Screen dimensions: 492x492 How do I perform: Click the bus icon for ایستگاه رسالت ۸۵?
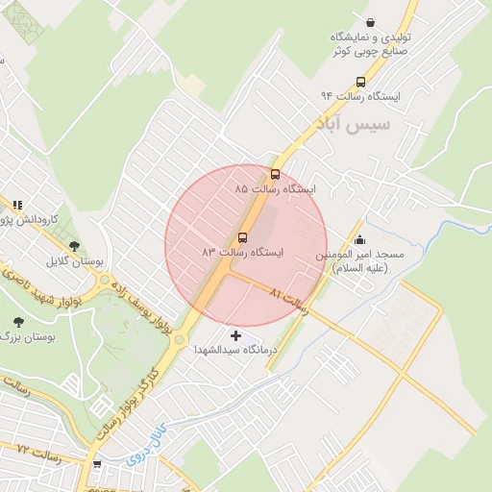pyautogui.click(x=277, y=174)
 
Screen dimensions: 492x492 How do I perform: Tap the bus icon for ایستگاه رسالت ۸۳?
pyautogui.click(x=242, y=236)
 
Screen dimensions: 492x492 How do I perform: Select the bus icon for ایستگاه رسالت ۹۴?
pyautogui.click(x=360, y=82)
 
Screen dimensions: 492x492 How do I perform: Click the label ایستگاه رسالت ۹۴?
pyautogui.click(x=360, y=96)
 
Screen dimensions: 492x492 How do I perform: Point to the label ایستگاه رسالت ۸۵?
pyautogui.click(x=275, y=189)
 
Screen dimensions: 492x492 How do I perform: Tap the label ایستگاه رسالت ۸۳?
pyautogui.click(x=242, y=252)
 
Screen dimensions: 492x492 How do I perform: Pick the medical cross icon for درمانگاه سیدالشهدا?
pyautogui.click(x=236, y=336)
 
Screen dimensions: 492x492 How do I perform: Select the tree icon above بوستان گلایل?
pyautogui.click(x=74, y=247)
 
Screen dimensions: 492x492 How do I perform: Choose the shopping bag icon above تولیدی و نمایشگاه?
pyautogui.click(x=371, y=22)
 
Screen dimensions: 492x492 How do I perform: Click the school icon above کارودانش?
pyautogui.click(x=17, y=205)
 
